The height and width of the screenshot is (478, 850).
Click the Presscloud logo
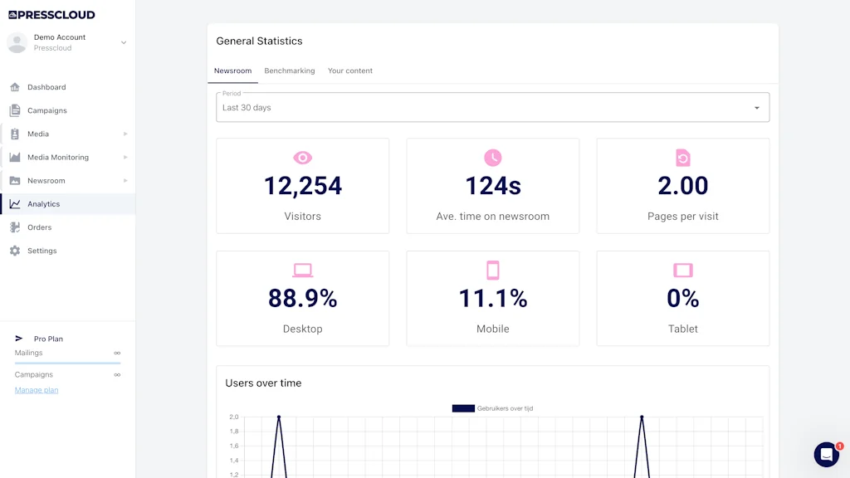point(51,14)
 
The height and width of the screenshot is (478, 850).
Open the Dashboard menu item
point(46,87)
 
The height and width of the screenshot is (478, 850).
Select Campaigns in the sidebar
point(46,110)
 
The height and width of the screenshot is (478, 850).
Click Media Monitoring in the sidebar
point(57,157)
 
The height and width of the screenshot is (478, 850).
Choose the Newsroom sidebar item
point(46,180)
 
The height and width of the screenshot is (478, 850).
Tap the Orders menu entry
point(39,227)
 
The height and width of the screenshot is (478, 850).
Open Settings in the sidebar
point(42,251)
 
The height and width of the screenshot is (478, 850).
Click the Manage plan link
point(37,390)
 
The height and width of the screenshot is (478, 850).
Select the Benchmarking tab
point(290,71)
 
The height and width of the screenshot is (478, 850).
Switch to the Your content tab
point(350,71)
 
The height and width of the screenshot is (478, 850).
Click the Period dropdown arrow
point(756,108)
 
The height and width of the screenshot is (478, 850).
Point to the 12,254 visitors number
point(303,186)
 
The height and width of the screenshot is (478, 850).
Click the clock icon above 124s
point(493,158)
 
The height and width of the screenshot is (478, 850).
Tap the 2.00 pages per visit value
point(682,186)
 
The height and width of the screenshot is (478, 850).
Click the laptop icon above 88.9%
point(303,271)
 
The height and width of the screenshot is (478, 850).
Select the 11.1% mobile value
point(493,299)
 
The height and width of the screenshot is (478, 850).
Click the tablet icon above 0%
point(682,271)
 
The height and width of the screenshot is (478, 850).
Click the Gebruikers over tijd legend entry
point(493,408)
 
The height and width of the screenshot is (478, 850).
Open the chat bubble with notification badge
point(827,454)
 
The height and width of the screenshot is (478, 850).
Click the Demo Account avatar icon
point(17,42)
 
